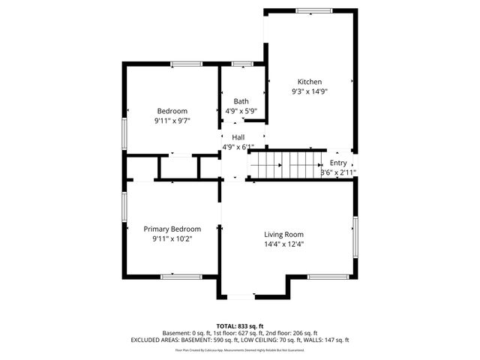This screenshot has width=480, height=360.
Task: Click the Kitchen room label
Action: click(x=310, y=82)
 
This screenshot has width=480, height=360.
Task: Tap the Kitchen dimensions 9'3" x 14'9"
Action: click(x=310, y=91)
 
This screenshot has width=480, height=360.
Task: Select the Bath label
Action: click(x=241, y=101)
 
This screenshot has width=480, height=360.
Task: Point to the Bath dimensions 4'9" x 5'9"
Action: click(x=241, y=111)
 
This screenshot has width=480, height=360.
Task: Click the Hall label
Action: click(x=238, y=137)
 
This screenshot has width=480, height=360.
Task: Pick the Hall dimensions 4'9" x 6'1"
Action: click(x=238, y=147)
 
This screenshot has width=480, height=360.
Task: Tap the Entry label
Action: click(x=338, y=163)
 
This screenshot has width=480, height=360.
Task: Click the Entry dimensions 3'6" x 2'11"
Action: click(x=338, y=172)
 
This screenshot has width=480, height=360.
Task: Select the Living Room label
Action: click(x=283, y=234)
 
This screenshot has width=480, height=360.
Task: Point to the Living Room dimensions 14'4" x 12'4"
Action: click(x=283, y=244)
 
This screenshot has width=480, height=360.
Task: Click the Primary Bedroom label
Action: click(x=172, y=229)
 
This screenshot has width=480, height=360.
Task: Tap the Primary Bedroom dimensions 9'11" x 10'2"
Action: click(x=172, y=238)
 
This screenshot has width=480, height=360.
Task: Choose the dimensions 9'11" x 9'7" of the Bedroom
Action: click(x=172, y=121)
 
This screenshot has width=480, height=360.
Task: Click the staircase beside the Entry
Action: click(x=286, y=162)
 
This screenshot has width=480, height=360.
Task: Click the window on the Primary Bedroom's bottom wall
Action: click(x=181, y=277)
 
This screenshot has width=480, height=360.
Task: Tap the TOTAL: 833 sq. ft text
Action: click(x=240, y=326)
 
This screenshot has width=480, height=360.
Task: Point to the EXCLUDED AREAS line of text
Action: click(x=240, y=340)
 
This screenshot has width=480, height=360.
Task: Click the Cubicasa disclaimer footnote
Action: click(x=240, y=349)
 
